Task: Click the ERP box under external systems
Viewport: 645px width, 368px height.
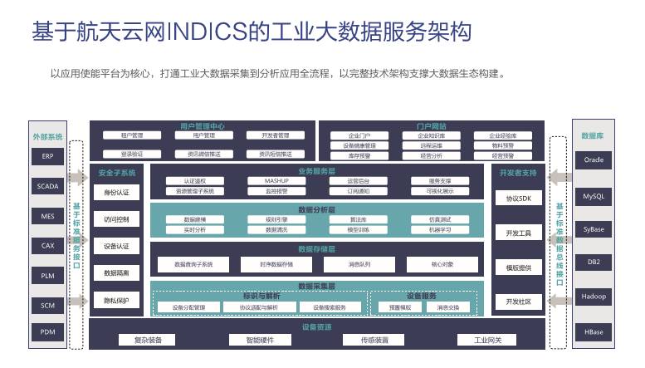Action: [x=47, y=156]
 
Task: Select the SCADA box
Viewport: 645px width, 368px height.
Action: [x=47, y=186]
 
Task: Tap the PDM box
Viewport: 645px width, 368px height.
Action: [x=47, y=331]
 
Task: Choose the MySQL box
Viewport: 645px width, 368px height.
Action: [x=594, y=197]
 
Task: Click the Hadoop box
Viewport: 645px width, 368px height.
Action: [x=594, y=296]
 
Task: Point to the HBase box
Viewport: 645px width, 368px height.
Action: [x=594, y=331]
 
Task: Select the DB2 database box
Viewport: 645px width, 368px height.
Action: [x=594, y=262]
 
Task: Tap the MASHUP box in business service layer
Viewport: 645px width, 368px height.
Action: [x=276, y=180]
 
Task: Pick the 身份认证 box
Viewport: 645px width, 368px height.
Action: [x=116, y=193]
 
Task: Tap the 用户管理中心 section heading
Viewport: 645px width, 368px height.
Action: [x=202, y=126]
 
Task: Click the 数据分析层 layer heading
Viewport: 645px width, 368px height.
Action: [x=316, y=210]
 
